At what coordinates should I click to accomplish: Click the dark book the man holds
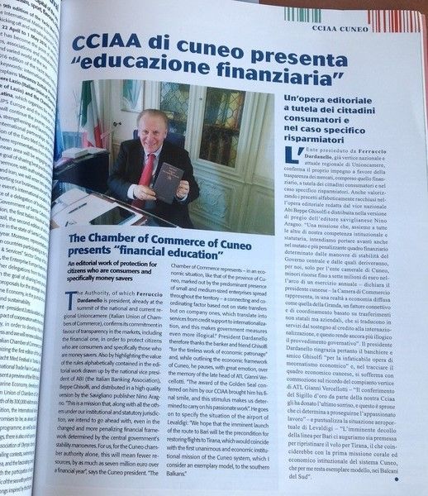168,181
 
